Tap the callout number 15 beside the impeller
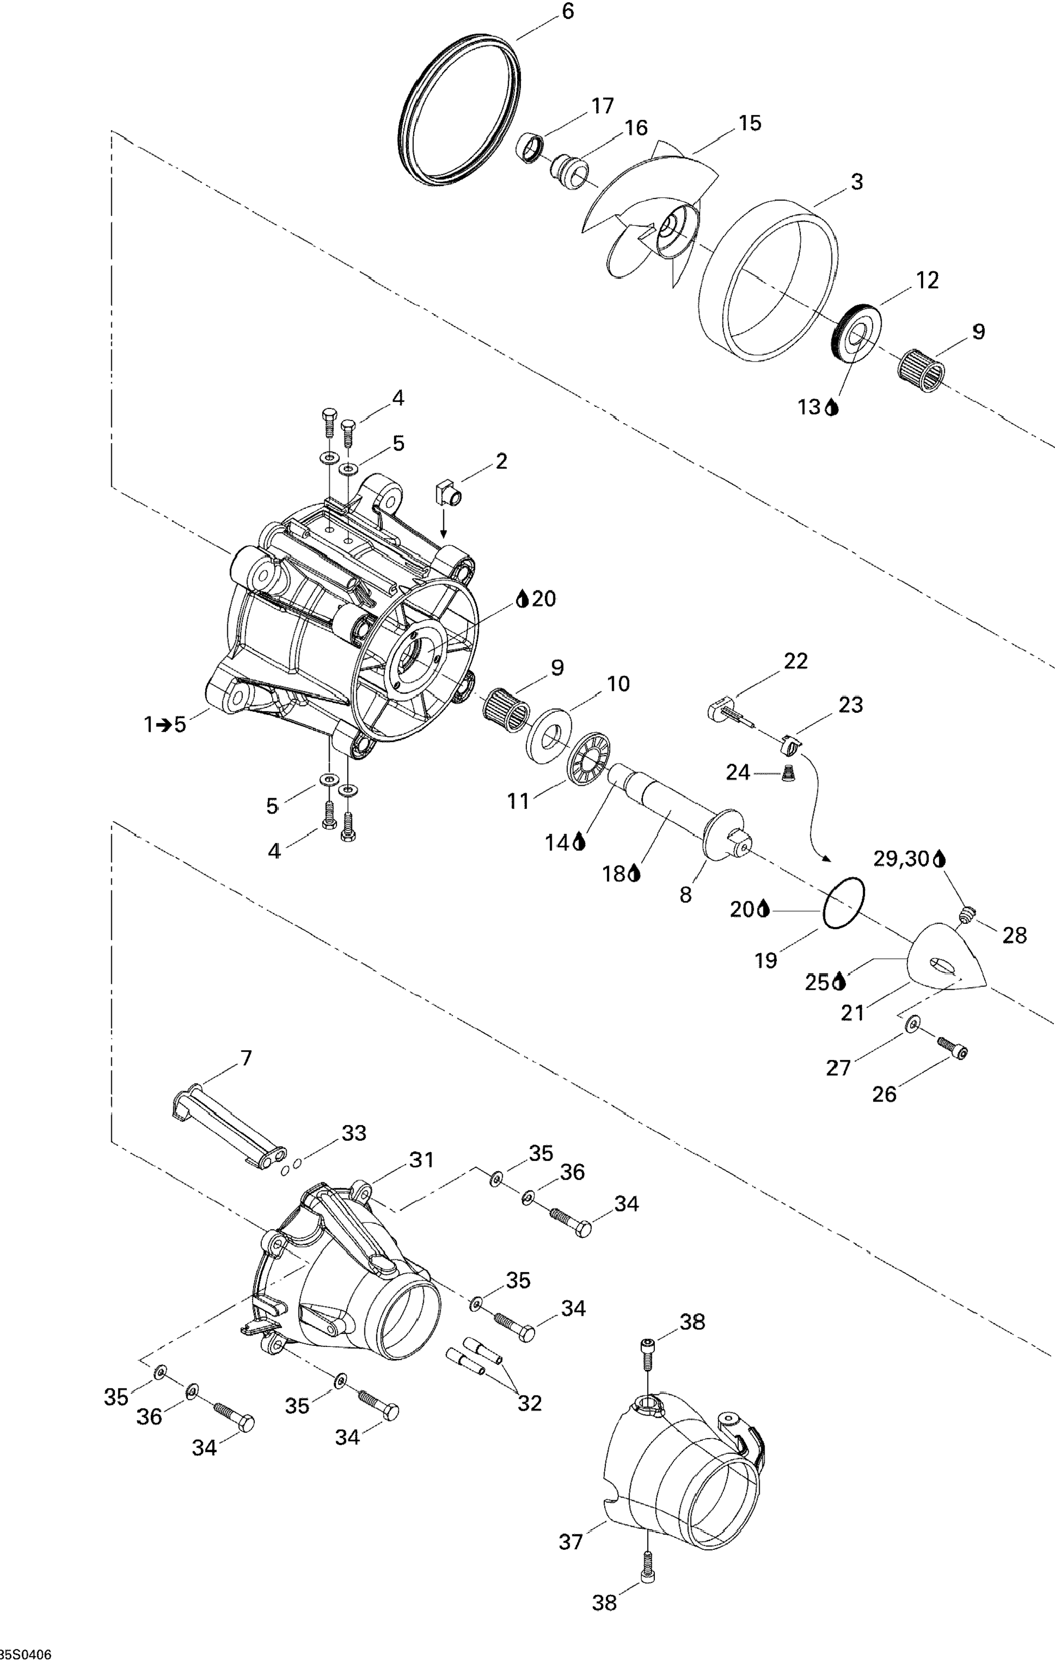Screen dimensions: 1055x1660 pyautogui.click(x=749, y=123)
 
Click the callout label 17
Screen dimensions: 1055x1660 pyautogui.click(x=602, y=106)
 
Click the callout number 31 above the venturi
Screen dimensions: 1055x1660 pyautogui.click(x=422, y=1160)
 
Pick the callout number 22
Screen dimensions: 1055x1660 pyautogui.click(x=795, y=661)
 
